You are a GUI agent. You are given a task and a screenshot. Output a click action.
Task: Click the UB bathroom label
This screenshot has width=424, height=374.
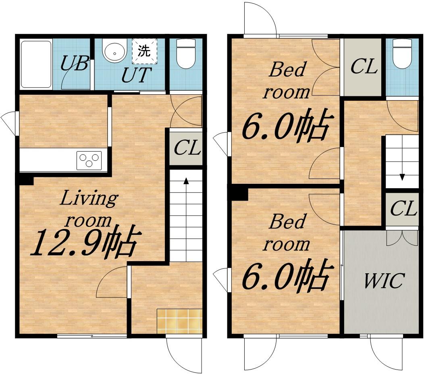tap(75, 63)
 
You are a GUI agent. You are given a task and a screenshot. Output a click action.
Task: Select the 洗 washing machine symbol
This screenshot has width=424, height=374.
tap(144, 50)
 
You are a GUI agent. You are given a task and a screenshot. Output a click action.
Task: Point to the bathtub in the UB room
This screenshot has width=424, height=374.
tap(36, 64)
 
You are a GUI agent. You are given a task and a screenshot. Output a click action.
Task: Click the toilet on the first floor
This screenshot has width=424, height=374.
tap(185, 54)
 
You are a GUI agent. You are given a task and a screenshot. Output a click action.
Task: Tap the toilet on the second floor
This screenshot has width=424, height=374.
tap(402, 54)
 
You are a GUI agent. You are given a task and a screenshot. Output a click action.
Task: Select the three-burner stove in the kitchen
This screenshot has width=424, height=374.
tap(89, 160)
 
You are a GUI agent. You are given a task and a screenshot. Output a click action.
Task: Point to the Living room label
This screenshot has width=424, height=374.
tap(89, 208)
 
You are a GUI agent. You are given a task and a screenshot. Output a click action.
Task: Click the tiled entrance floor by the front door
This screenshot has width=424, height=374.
tap(179, 321)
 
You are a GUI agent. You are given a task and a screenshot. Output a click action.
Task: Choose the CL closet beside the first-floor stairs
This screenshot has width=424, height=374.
tap(186, 148)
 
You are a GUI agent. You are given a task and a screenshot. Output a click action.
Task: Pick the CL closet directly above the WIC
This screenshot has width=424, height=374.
tap(402, 209)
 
